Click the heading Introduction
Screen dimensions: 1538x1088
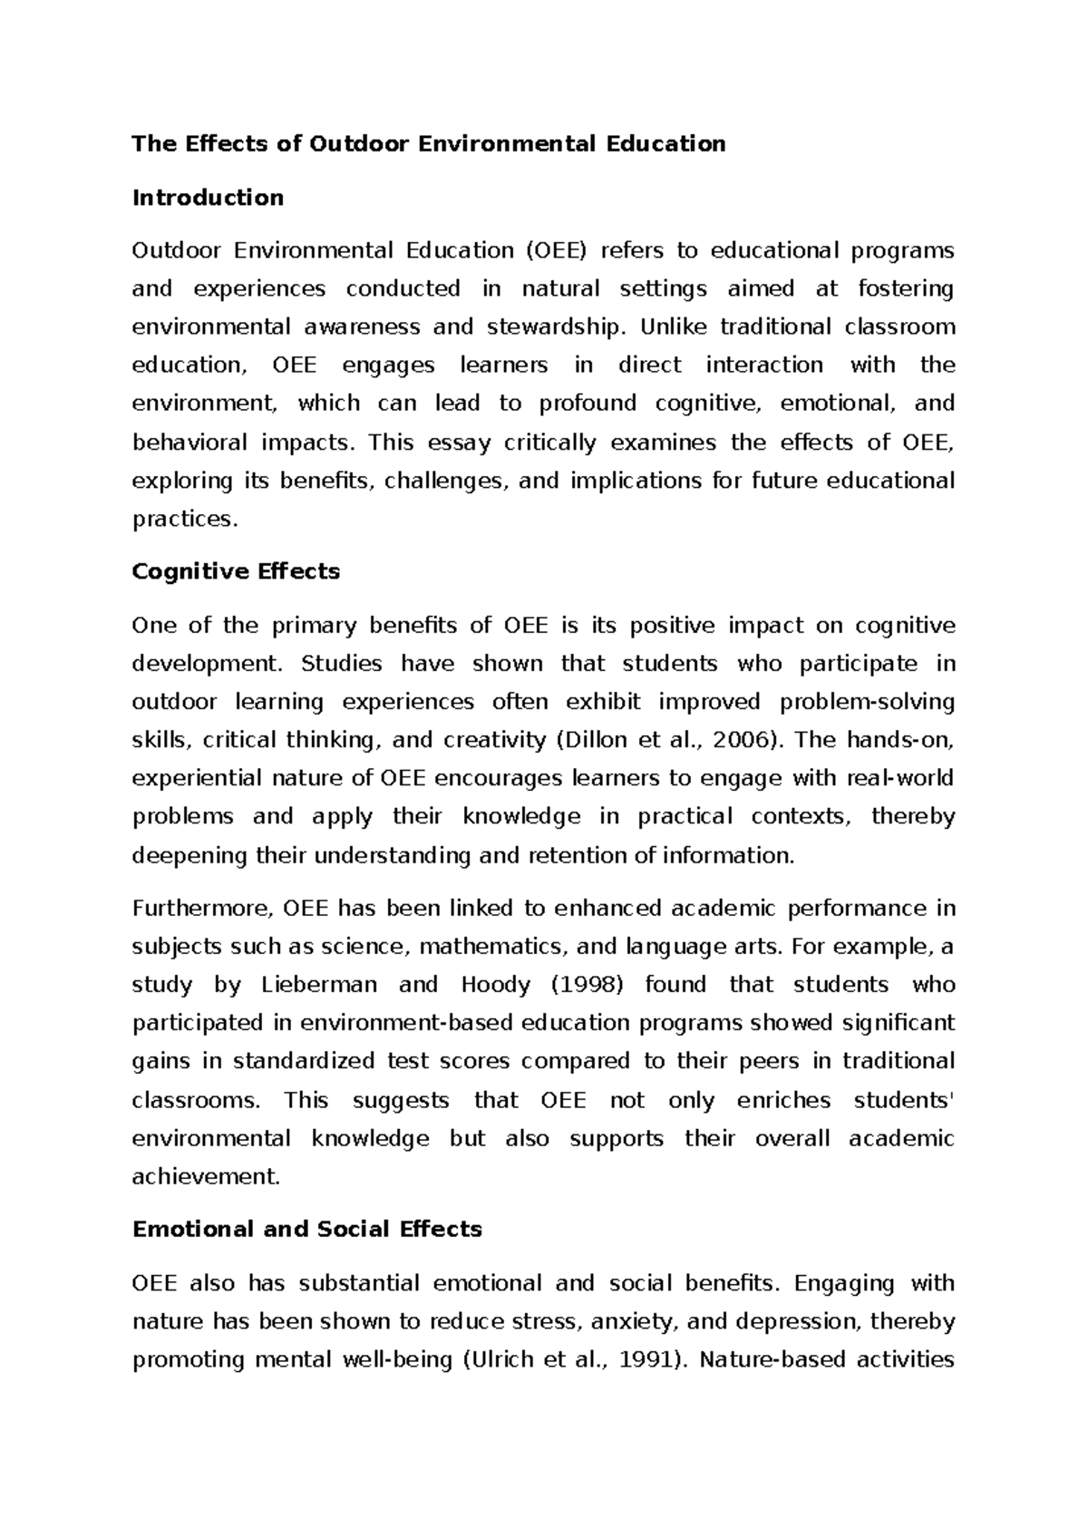coord(208,198)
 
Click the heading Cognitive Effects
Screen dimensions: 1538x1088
coord(236,571)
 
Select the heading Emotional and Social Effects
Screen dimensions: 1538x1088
coord(306,1229)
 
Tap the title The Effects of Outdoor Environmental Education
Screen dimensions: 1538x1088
coord(429,143)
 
